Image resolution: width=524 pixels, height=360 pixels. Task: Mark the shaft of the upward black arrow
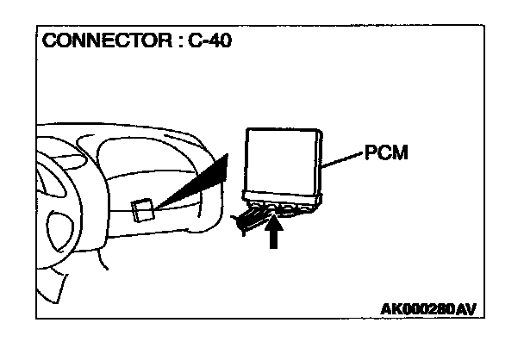[273, 239]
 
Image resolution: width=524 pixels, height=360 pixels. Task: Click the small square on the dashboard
[143, 208]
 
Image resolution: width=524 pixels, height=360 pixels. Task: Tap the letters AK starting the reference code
[389, 308]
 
